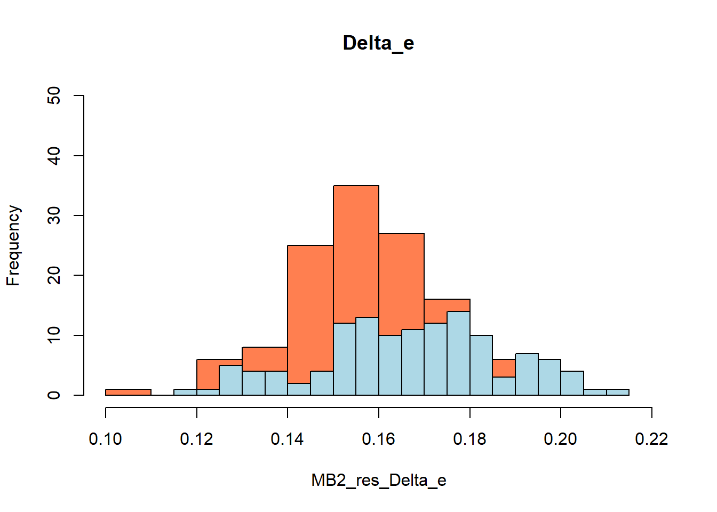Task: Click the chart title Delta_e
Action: click(378, 43)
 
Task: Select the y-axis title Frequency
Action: click(13, 245)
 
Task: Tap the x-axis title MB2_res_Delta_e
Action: click(378, 481)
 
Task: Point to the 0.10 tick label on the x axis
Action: click(106, 439)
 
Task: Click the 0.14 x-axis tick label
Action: click(288, 439)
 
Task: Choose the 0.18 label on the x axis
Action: click(469, 439)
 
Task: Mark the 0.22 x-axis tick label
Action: click(651, 439)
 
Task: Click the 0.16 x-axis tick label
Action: click(378, 439)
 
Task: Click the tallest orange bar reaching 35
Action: click(356, 251)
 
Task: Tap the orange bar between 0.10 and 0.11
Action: click(128, 392)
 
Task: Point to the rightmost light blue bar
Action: click(618, 393)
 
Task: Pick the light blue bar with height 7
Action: click(527, 374)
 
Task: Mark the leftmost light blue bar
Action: click(185, 393)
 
